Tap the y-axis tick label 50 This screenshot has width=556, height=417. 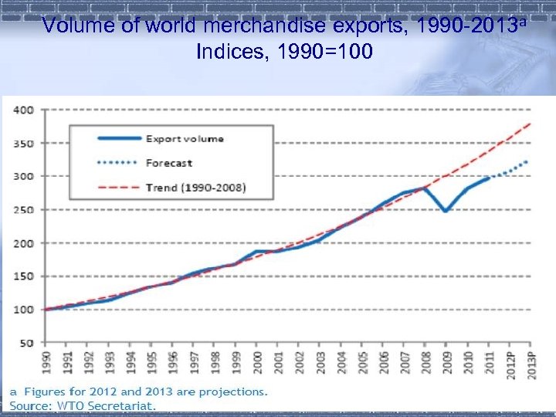pos(26,343)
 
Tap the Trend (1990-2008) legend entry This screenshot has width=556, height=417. pos(195,188)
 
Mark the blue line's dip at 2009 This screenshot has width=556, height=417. pos(446,210)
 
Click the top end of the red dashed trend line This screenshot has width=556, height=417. pos(531,124)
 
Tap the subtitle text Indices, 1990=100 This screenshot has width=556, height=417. pos(285,53)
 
